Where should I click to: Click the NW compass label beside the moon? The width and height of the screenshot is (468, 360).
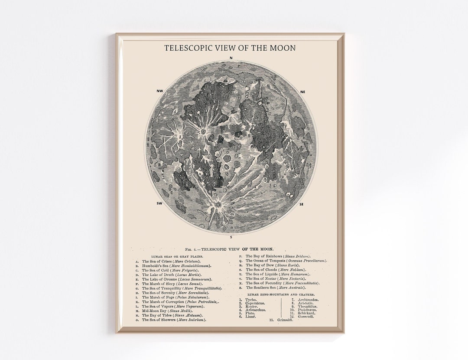159,92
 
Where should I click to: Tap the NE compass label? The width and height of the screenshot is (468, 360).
302,92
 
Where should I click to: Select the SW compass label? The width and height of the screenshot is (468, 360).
159,203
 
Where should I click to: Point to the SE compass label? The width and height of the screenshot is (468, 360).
302,203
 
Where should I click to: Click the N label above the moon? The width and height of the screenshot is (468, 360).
231,58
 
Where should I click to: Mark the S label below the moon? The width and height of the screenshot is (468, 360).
231,237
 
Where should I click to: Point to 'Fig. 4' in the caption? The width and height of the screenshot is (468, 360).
191,249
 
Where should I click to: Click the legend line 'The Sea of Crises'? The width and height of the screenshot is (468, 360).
170,262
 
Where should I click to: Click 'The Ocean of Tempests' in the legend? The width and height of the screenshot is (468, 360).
286,261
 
